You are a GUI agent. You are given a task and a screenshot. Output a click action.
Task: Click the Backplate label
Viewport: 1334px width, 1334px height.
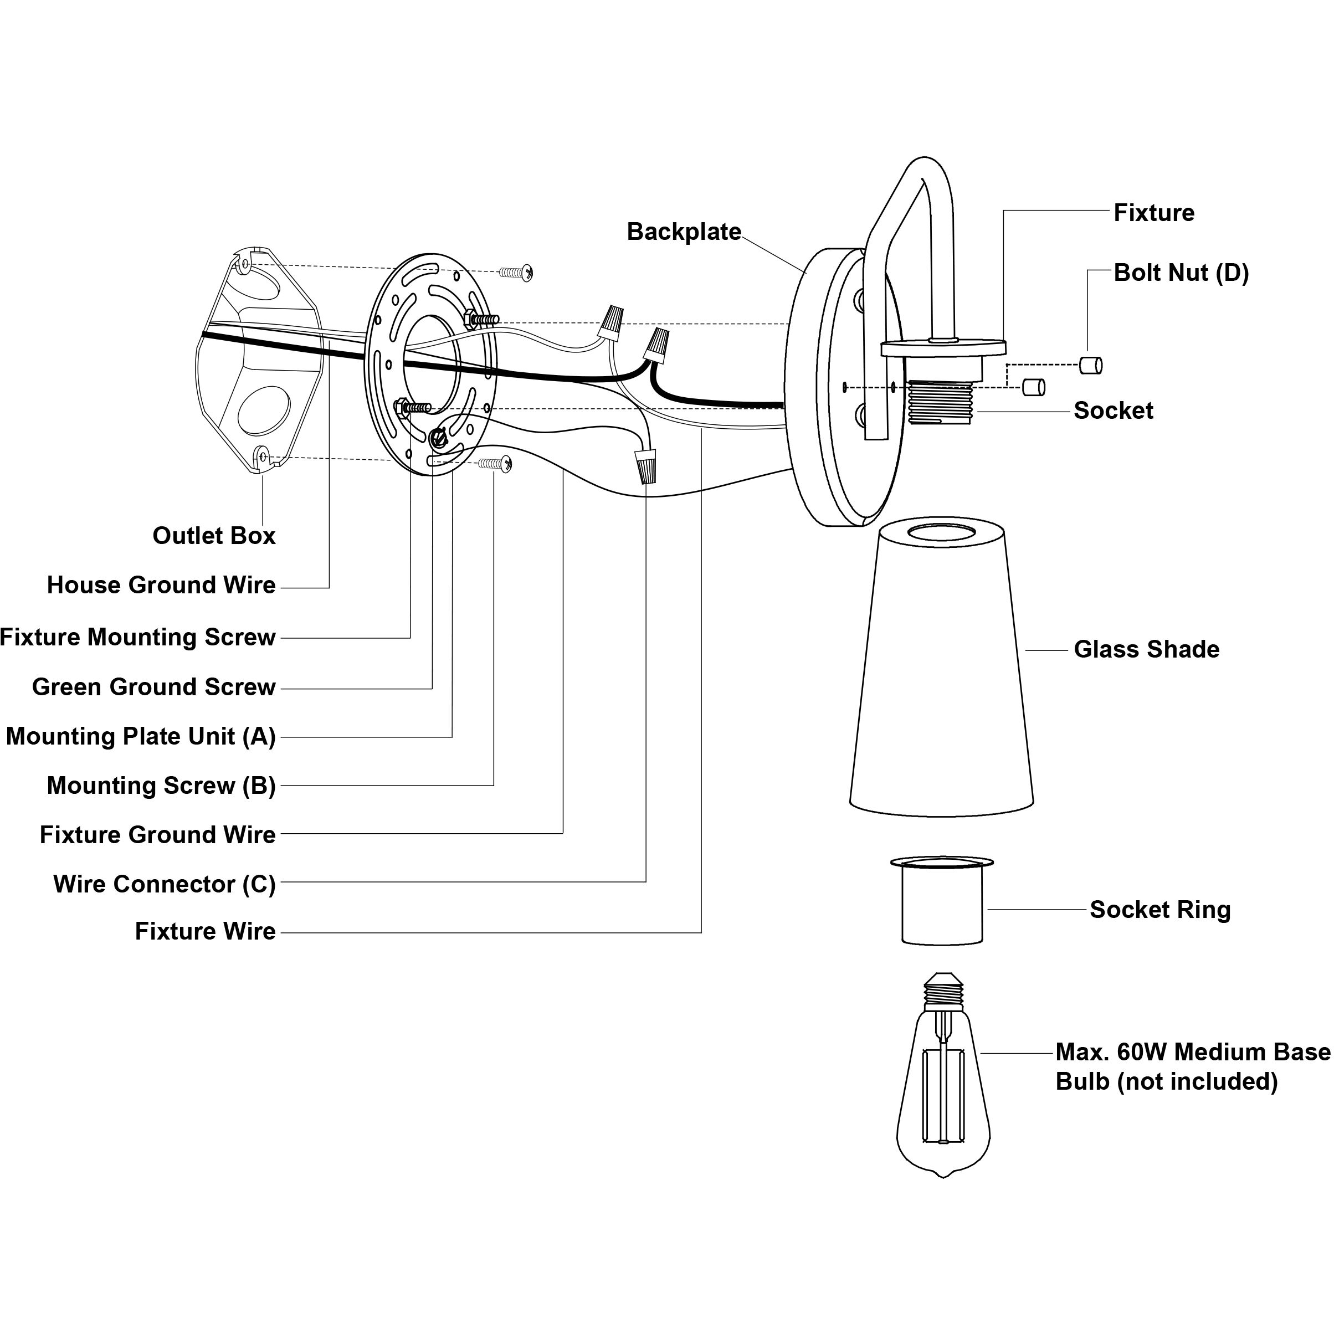click(684, 232)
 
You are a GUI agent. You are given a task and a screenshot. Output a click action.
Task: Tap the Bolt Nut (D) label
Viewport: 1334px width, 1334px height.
click(1181, 273)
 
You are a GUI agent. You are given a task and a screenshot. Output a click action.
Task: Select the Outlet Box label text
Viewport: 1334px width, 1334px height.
click(214, 536)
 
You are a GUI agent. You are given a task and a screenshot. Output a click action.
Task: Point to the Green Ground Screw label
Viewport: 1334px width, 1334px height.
click(154, 687)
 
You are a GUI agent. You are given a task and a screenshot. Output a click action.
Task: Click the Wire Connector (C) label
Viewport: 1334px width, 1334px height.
click(165, 884)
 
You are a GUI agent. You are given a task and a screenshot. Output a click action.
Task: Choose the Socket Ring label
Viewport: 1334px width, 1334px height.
click(1160, 910)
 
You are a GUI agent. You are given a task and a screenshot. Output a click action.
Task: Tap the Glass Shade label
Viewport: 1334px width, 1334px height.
click(1146, 650)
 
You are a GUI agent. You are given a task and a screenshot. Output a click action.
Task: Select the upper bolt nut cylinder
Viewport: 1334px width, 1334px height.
click(1091, 365)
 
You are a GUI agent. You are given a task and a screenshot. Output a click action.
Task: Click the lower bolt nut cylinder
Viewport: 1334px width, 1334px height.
click(1034, 387)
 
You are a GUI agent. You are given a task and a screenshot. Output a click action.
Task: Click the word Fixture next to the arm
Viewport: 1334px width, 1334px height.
click(1154, 213)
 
